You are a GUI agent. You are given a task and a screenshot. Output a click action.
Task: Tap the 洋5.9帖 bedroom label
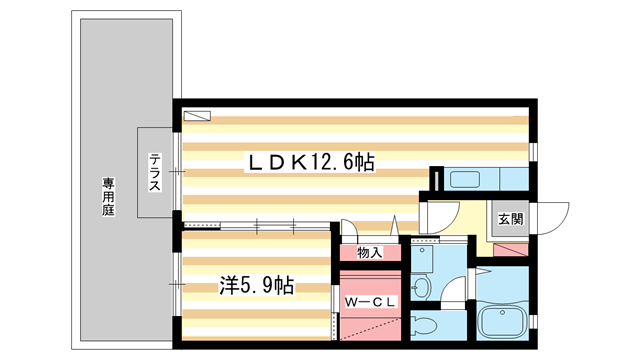click(x=256, y=285)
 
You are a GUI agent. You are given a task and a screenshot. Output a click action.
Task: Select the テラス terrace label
click(x=156, y=172)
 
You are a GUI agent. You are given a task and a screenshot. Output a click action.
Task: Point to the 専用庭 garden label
click(x=108, y=196)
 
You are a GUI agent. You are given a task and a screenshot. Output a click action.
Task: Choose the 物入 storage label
click(x=370, y=252)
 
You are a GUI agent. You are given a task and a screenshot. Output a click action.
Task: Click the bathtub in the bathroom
click(x=508, y=322)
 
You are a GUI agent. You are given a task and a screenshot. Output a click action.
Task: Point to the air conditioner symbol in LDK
click(x=197, y=115)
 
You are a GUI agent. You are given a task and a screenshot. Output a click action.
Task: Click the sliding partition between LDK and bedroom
click(x=256, y=226)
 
